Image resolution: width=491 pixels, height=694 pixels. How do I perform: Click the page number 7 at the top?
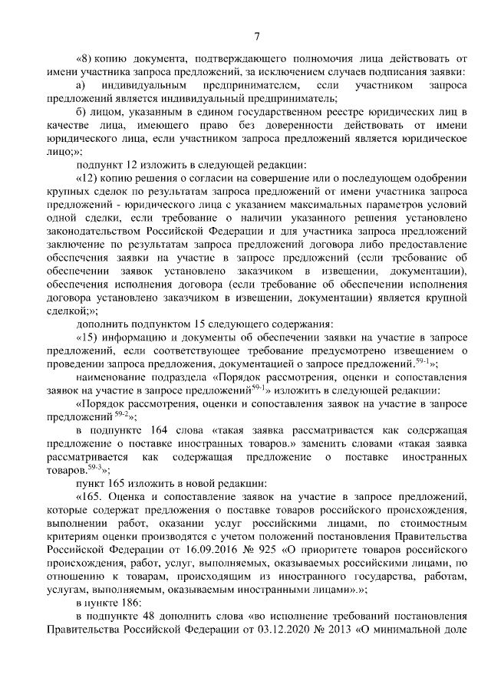click(x=258, y=35)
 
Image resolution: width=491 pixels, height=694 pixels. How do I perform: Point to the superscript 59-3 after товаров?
click(x=95, y=467)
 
